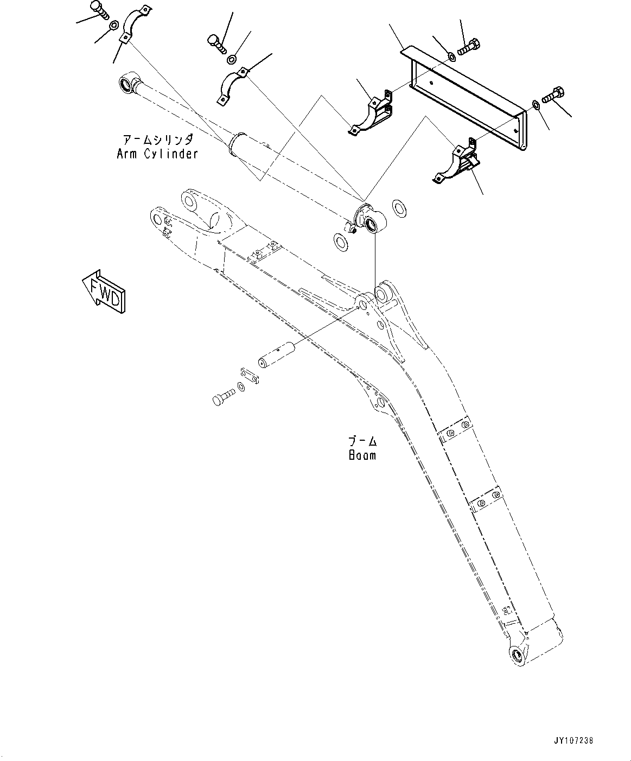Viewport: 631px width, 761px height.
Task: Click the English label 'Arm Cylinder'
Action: (157, 154)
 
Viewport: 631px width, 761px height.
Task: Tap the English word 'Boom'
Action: (362, 455)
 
